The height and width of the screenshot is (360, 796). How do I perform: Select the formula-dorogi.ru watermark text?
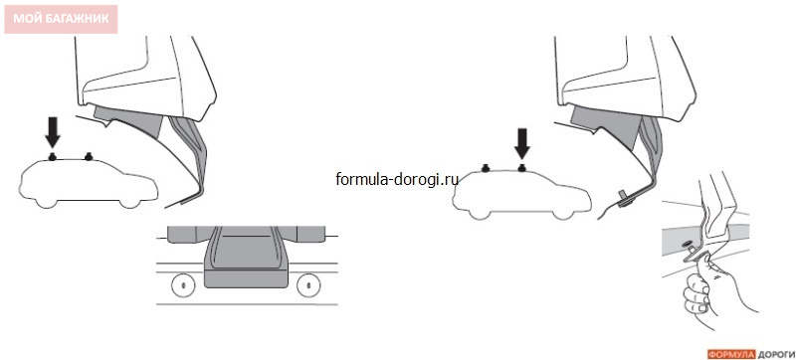397,179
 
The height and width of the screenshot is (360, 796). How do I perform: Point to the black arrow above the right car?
521,143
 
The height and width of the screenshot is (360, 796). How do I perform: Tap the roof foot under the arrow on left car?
52,157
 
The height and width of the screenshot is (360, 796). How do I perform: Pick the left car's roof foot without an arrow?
89,157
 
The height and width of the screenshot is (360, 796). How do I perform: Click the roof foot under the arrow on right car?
521,167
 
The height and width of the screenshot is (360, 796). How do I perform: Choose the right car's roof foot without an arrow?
486,167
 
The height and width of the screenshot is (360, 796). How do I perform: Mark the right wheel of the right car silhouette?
561,212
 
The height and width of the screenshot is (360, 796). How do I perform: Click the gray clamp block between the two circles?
246,259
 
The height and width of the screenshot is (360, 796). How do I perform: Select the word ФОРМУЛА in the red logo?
731,354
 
